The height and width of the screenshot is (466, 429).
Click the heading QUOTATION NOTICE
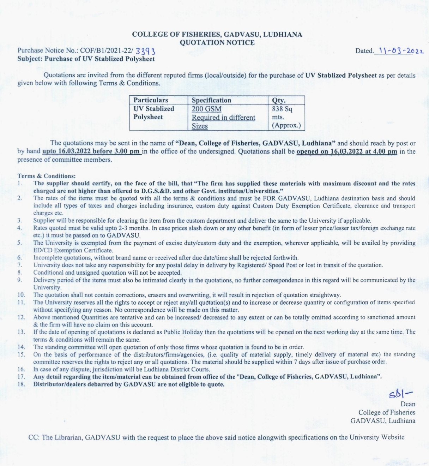217,43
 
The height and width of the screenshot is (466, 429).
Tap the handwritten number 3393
145,52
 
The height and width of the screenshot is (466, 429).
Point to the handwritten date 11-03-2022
400,50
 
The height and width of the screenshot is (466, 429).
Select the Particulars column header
151,100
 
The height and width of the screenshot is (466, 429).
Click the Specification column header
211,100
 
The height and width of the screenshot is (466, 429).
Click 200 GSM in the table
206,109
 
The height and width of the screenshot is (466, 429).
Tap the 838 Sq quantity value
282,109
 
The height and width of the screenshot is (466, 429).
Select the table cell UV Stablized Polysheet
154,113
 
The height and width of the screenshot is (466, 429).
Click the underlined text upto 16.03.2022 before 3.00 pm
91,151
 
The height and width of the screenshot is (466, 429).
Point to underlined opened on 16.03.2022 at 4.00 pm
347,151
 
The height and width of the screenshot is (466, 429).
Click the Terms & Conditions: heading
47,176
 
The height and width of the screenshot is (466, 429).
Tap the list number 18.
21,384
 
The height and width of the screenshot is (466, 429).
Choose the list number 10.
21,295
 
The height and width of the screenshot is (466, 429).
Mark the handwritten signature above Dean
400,394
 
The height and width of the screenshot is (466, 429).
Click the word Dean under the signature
408,404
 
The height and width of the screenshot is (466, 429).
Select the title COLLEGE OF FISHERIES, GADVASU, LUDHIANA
217,35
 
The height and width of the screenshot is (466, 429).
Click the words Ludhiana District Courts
183,369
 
